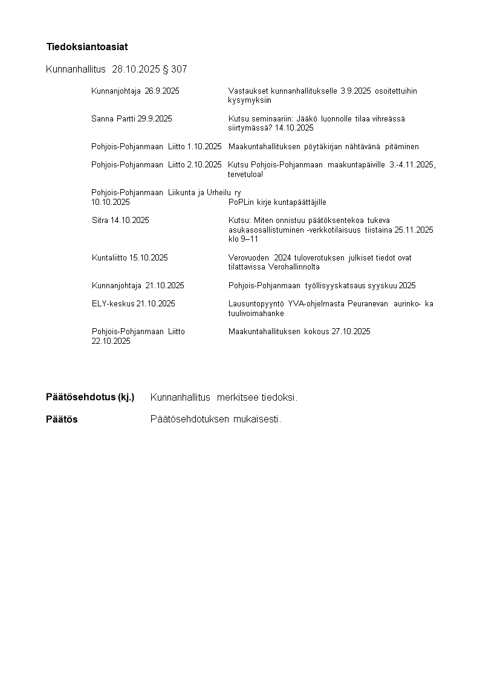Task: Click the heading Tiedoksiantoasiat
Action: [87, 47]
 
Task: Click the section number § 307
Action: [175, 69]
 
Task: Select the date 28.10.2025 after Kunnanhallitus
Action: [136, 69]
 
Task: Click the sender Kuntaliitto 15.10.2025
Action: [129, 257]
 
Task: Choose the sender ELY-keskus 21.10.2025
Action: [133, 304]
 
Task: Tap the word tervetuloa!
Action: [245, 175]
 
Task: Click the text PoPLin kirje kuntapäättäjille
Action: [277, 202]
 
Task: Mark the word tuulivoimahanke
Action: [256, 314]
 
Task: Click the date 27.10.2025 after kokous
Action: [351, 332]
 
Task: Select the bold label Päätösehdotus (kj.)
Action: [90, 397]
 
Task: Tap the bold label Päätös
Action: [62, 419]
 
